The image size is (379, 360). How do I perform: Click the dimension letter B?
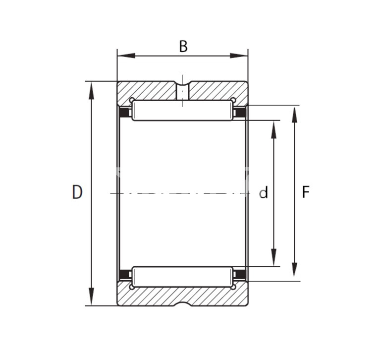click(x=183, y=46)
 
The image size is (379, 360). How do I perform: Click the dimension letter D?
click(x=77, y=192)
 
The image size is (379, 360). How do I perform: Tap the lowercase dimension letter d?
click(x=264, y=192)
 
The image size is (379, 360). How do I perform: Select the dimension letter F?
click(x=306, y=192)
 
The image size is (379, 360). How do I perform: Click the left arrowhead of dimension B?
click(x=126, y=56)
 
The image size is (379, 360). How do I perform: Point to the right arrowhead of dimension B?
click(x=239, y=56)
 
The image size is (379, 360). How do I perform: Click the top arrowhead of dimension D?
click(x=91, y=90)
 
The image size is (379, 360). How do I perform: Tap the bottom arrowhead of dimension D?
click(x=91, y=297)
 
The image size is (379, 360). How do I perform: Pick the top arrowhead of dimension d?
click(x=273, y=129)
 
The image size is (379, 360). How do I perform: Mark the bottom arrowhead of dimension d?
click(x=273, y=257)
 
